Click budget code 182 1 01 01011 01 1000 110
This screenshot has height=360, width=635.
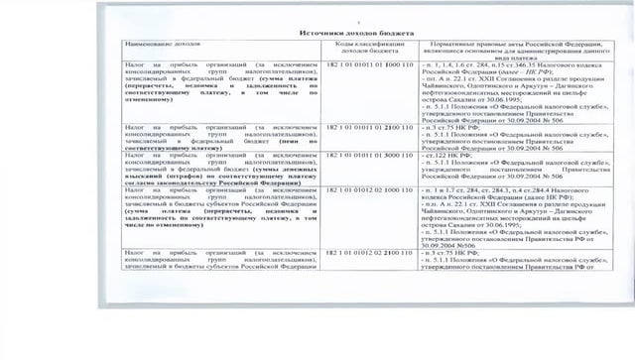pos(368,61)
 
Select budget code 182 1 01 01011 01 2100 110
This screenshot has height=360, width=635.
pos(368,128)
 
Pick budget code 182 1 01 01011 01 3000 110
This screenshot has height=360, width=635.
pos(368,156)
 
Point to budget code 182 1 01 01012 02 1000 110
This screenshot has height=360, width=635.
pos(368,188)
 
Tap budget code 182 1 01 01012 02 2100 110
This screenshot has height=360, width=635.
pos(368,254)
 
